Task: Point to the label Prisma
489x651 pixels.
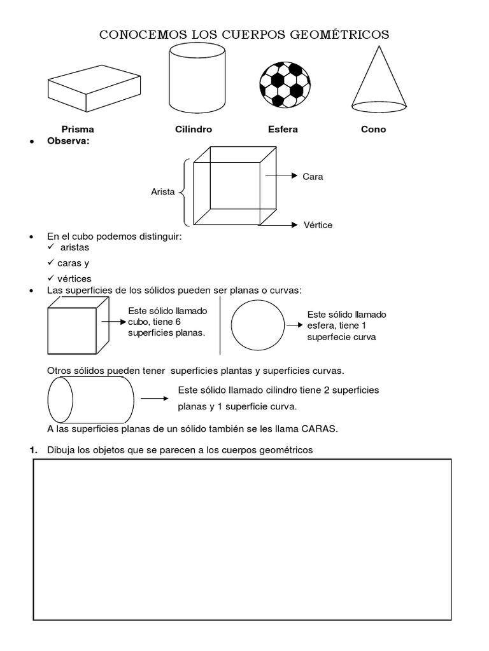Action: pos(78,129)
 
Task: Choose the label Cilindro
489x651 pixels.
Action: pos(194,129)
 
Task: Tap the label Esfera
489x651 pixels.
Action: pos(283,129)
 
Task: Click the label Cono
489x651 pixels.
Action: pos(373,129)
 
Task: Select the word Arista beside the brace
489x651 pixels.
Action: pos(163,191)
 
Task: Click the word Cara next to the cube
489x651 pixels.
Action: pos(313,177)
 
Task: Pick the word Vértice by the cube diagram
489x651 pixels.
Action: pos(317,225)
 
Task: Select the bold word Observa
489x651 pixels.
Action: pos(69,140)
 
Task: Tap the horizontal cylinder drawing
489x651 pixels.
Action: pos(90,399)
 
